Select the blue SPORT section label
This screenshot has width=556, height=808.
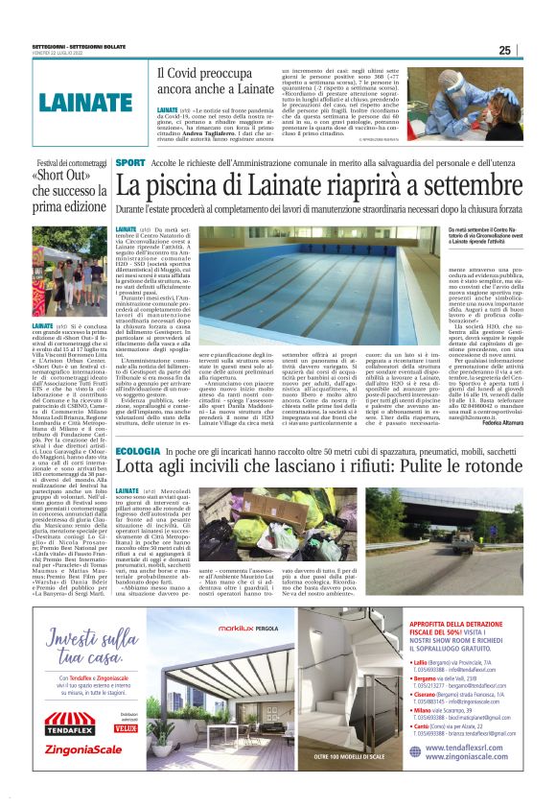(130, 164)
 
